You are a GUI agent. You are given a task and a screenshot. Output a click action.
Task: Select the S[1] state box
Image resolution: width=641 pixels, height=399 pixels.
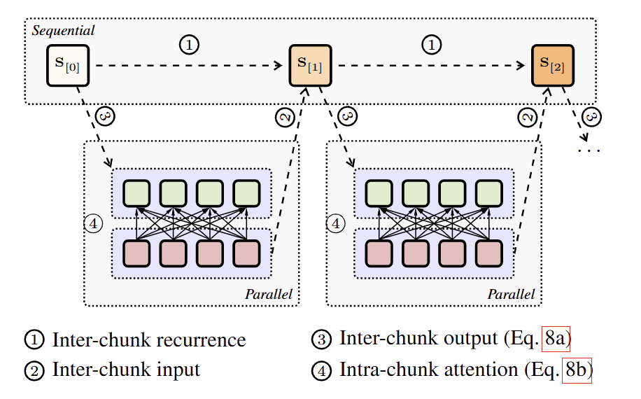point(310,65)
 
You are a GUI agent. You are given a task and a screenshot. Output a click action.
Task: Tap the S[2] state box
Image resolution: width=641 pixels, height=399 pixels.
point(551,65)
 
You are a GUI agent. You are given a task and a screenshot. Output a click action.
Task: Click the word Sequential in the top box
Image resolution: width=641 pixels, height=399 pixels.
point(64,31)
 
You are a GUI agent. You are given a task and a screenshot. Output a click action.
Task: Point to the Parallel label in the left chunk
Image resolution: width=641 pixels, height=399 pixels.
point(268,294)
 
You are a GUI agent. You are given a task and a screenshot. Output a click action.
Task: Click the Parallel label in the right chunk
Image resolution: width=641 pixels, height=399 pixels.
point(511,294)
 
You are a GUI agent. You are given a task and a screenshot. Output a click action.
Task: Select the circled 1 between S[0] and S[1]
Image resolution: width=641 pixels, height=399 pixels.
point(189,45)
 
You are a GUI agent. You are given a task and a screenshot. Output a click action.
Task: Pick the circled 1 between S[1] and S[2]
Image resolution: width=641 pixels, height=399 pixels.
point(432,45)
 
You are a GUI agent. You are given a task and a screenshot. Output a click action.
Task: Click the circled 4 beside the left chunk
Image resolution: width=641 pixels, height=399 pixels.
point(92,224)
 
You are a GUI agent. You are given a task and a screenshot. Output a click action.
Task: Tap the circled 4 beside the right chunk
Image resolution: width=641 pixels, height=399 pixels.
point(336,224)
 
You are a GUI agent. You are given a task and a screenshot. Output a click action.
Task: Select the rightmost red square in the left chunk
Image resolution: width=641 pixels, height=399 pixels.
point(246,253)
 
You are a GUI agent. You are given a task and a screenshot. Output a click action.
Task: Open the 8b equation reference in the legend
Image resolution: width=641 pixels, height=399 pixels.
point(578,370)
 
